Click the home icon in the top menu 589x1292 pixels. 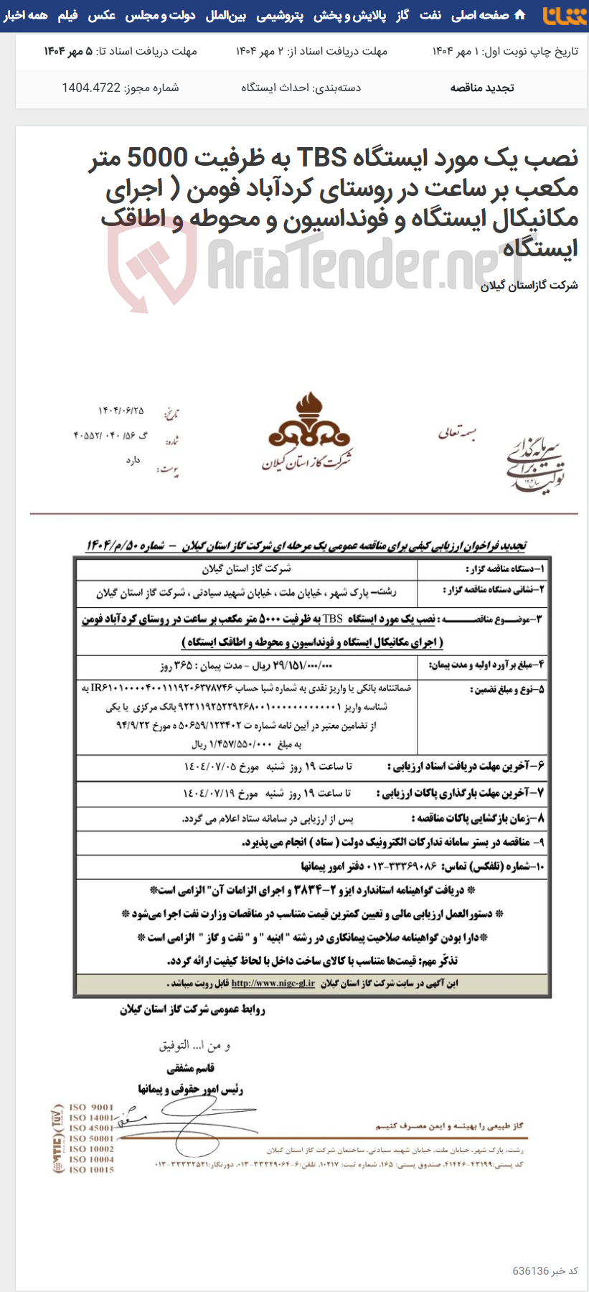(520, 15)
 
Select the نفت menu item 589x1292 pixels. (430, 15)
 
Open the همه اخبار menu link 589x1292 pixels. (25, 15)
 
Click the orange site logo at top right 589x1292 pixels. (564, 15)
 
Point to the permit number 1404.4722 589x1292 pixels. (91, 88)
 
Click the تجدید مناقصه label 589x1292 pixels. (481, 88)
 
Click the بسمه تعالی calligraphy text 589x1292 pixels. (457, 433)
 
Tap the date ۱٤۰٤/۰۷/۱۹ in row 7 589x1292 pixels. (209, 793)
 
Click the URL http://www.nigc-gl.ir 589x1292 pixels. (273, 983)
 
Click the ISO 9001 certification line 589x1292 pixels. (91, 1107)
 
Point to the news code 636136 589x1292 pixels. (530, 1270)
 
